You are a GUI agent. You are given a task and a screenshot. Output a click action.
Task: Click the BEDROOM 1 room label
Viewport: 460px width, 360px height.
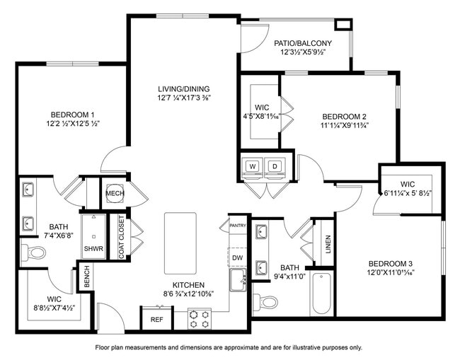pos(72,115)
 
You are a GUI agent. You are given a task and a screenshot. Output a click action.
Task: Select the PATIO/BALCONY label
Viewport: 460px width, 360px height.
pos(303,44)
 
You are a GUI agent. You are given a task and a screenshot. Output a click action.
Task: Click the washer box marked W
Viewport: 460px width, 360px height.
pos(251,166)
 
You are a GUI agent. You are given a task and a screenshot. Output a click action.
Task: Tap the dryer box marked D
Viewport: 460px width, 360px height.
pos(274,166)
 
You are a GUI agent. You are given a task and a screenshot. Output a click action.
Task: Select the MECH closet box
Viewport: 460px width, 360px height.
pos(115,194)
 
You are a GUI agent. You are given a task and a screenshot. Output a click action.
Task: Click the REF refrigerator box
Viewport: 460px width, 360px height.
pos(157,319)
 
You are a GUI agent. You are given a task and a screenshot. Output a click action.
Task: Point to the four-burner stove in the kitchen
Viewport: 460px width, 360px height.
pos(198,320)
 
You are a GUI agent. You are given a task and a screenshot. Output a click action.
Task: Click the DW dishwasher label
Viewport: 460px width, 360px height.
pos(237,258)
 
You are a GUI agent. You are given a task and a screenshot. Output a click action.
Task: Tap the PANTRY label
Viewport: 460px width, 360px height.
pos(237,226)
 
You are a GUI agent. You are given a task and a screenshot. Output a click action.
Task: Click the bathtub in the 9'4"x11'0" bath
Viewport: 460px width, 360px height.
pos(321,295)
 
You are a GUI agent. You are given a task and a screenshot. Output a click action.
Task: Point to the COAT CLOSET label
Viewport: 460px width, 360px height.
pos(122,236)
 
